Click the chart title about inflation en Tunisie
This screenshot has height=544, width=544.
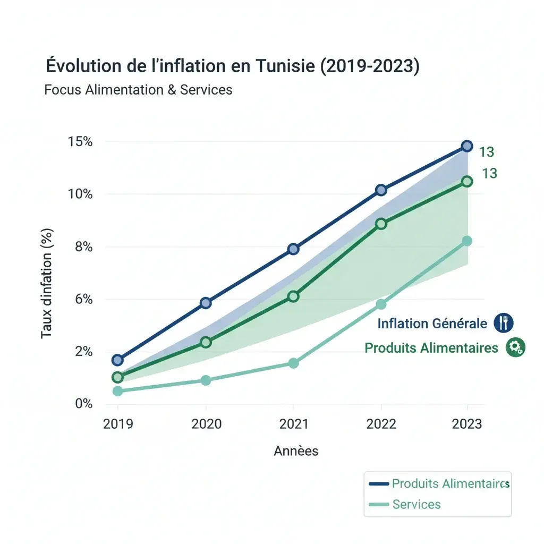tap(233, 66)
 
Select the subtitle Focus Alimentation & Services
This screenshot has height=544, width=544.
tap(139, 89)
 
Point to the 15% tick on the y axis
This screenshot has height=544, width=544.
tap(80, 142)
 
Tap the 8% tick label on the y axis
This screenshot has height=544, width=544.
tap(82, 247)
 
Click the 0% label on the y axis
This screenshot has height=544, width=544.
tap(82, 404)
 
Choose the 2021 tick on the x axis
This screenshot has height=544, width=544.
tap(293, 424)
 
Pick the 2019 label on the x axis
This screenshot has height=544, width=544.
tap(118, 424)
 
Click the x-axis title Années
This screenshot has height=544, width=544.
tap(296, 451)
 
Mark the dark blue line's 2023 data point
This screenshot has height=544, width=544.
tap(467, 146)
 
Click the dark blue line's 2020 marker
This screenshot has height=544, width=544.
tap(206, 303)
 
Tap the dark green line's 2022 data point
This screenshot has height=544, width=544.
tap(381, 224)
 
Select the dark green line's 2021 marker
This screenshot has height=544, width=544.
tap(293, 296)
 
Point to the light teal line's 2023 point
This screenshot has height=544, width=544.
tap(467, 241)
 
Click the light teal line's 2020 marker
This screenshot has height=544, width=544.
tap(206, 380)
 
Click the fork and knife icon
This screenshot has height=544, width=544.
tap(503, 322)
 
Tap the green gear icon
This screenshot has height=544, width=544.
tap(515, 347)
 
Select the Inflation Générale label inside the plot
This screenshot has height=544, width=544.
tap(432, 324)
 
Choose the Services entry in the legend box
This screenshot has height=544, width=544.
tap(416, 504)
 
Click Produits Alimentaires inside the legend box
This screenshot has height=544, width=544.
tap(449, 483)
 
